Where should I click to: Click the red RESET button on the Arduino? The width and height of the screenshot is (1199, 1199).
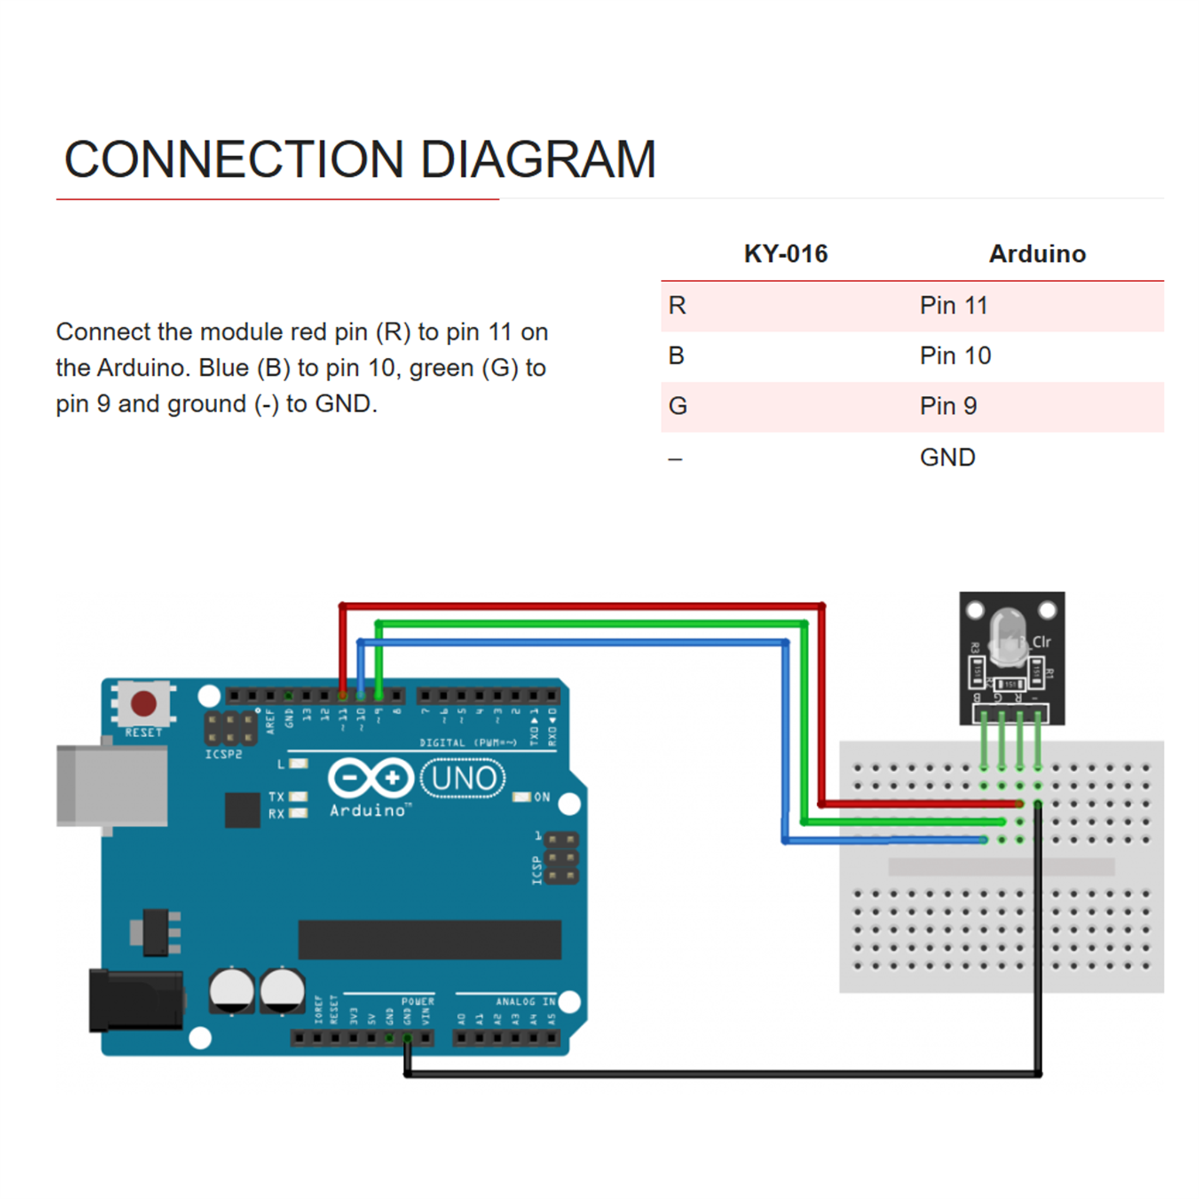click(144, 703)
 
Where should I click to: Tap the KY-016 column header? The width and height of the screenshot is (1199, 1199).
click(786, 254)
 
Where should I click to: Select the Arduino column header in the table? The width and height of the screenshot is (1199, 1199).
click(1037, 254)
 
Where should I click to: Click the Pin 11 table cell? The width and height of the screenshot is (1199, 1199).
click(954, 306)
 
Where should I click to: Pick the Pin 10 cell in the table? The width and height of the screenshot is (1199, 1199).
click(955, 356)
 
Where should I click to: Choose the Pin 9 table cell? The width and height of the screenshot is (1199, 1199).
click(948, 406)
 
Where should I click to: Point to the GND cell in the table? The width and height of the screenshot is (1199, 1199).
click(948, 458)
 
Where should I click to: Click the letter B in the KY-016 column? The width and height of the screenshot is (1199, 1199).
click(676, 356)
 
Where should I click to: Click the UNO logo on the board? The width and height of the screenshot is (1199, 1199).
click(463, 778)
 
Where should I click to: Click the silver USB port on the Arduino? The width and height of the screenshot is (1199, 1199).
click(112, 786)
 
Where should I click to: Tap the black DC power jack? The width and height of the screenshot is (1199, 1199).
click(136, 1001)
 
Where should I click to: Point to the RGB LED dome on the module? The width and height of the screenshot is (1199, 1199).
click(1008, 636)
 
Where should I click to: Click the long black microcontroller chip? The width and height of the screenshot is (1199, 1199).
click(430, 939)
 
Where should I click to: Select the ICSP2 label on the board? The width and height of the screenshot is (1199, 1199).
click(224, 754)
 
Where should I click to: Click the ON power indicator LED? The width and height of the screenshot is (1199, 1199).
click(521, 797)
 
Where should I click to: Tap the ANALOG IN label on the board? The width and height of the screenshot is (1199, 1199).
click(525, 1001)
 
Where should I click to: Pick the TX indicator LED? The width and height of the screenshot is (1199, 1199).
click(299, 796)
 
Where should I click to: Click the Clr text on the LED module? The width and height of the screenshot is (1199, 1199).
click(1042, 642)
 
